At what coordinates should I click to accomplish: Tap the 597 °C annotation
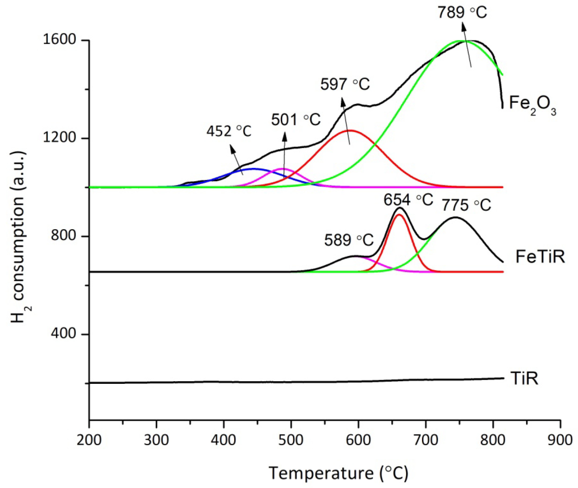345,84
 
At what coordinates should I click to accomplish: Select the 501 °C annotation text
296,120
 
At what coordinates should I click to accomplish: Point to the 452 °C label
229,131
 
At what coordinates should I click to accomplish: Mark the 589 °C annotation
349,240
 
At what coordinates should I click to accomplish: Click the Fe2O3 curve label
532,105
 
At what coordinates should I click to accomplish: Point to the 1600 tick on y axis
55,40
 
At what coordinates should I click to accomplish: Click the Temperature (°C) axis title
338,473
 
